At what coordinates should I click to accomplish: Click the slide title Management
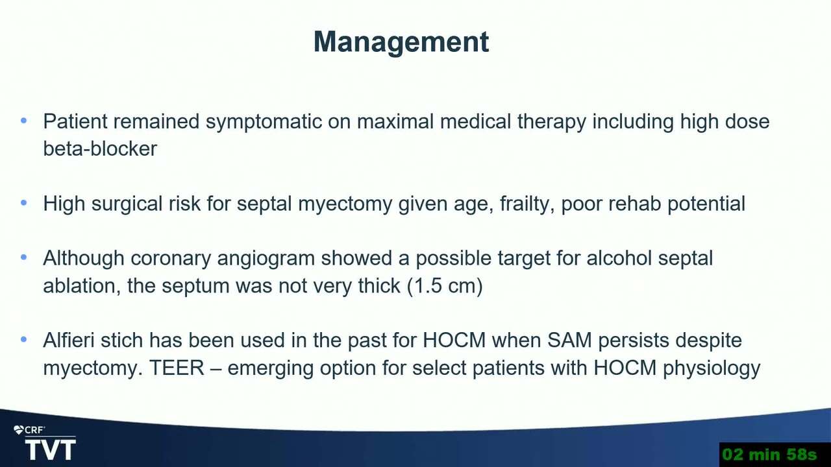(401, 43)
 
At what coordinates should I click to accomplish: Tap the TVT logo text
(51, 450)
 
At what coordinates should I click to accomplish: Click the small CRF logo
(29, 430)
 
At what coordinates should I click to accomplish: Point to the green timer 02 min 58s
(769, 455)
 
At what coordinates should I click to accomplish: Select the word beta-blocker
(100, 149)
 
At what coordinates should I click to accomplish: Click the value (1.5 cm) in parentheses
(445, 286)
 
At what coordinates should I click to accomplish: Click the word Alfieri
(69, 341)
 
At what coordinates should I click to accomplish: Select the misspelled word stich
(121, 341)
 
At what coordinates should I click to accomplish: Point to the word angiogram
(266, 259)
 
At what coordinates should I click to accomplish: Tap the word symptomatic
(264, 122)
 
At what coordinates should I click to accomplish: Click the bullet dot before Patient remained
(24, 121)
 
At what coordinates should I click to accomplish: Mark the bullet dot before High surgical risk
(24, 203)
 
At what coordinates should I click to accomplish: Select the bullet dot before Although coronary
(24, 257)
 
